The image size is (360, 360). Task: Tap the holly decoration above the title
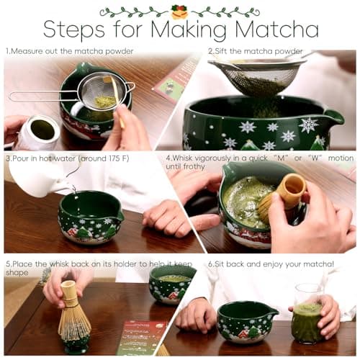(179, 11)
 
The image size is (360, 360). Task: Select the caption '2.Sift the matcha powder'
(256, 51)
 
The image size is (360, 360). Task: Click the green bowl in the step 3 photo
(90, 216)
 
